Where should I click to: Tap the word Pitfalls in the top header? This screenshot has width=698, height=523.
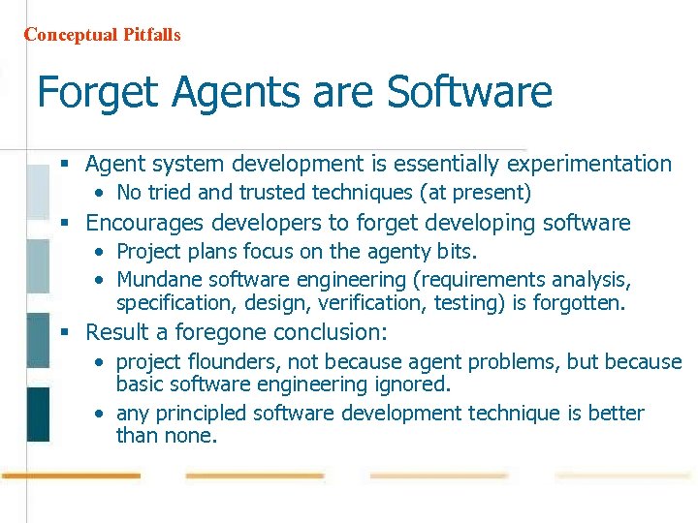(151, 35)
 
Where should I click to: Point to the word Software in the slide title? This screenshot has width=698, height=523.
(469, 94)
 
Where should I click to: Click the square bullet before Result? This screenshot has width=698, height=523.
(65, 333)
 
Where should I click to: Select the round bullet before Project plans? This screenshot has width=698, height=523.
(101, 253)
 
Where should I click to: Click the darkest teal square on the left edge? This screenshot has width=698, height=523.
(38, 415)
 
